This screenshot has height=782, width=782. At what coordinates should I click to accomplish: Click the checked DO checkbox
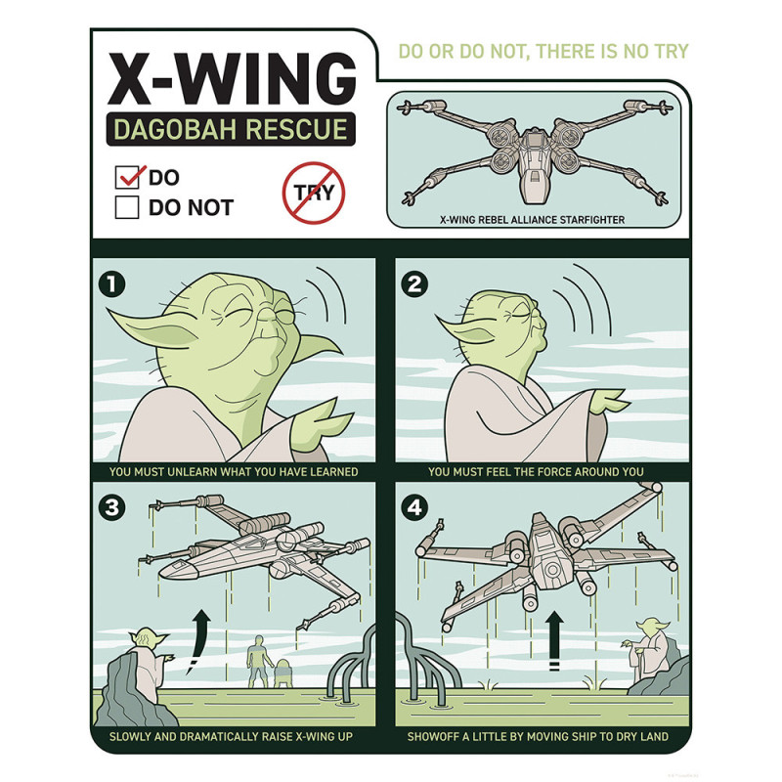(127, 178)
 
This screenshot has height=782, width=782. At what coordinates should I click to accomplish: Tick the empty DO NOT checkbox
(127, 207)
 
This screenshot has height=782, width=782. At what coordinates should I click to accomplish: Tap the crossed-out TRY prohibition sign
(314, 193)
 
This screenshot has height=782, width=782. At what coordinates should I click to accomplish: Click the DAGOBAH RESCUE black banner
(231, 129)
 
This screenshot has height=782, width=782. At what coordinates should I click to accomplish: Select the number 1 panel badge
(112, 284)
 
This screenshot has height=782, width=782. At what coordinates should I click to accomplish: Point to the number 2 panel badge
(414, 284)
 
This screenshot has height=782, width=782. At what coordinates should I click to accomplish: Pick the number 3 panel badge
(112, 507)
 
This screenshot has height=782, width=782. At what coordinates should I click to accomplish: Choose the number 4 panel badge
(414, 507)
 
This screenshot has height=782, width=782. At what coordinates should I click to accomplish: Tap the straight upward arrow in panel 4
(554, 641)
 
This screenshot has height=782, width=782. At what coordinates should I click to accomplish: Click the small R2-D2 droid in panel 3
(282, 673)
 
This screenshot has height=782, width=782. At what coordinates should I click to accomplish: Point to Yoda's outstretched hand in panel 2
(609, 402)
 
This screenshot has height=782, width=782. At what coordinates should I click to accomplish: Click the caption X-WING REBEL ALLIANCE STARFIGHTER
(532, 220)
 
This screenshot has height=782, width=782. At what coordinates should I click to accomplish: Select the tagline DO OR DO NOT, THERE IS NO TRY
(543, 52)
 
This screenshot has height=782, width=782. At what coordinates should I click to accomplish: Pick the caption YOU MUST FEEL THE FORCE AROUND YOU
(536, 472)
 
